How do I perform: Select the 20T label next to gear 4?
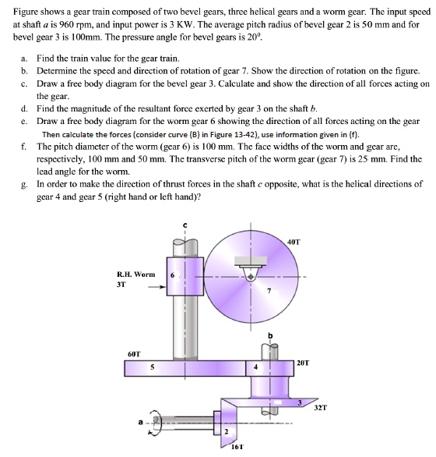point(305,362)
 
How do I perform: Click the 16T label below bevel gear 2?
point(237,448)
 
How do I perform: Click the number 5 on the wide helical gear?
point(153,369)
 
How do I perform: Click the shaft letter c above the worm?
point(185,225)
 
